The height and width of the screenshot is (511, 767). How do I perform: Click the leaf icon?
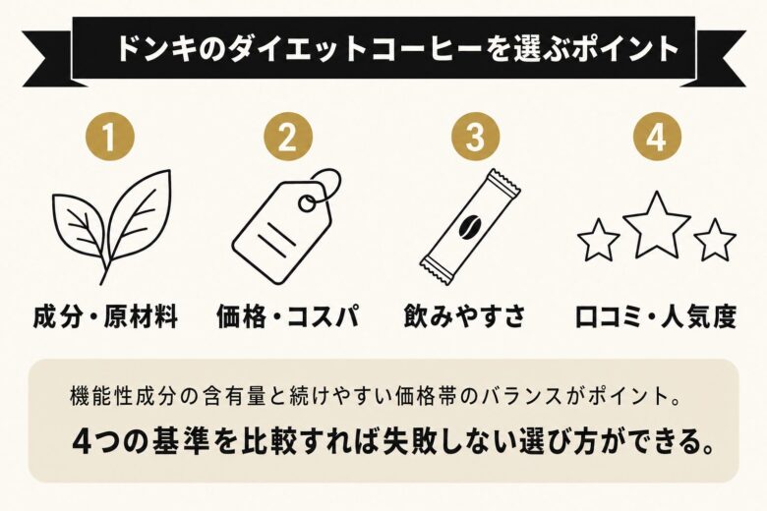112,224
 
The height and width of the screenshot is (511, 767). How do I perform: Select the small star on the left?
599,240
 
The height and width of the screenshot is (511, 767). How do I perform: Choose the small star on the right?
715,240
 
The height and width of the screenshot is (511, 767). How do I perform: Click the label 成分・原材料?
105,317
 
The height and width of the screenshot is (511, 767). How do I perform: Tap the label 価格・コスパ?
286,317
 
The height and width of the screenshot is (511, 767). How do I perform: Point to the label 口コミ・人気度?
656,317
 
